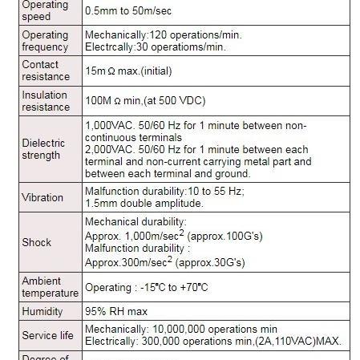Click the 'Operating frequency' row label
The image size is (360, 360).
pos(45,41)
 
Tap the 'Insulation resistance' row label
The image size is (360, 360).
pos(45,101)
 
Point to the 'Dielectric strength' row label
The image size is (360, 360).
pos(43,149)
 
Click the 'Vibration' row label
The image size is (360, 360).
pos(42,197)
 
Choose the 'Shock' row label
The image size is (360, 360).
pos(36,241)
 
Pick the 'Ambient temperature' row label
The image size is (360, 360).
pos(50,287)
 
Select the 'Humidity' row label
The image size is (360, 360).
pos(42,311)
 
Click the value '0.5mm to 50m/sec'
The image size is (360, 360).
pos(128,12)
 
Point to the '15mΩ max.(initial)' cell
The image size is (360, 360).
pos(128,71)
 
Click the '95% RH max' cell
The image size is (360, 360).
pos(116,311)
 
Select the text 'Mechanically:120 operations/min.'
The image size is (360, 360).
pos(163,35)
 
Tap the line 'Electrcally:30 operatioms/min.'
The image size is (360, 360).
pos(156,47)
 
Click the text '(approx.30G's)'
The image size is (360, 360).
pos(210,262)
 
